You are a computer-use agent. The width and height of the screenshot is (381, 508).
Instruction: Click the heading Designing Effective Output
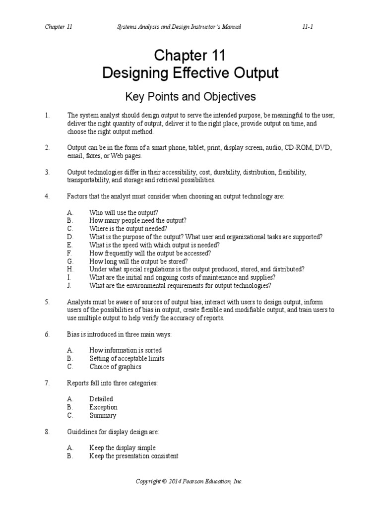pyautogui.click(x=190, y=73)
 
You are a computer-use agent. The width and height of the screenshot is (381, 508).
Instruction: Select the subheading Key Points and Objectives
pyautogui.click(x=190, y=96)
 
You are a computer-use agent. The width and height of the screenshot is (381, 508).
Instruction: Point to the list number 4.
pyautogui.click(x=47, y=196)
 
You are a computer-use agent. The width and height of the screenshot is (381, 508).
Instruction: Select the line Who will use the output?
pyautogui.click(x=124, y=212)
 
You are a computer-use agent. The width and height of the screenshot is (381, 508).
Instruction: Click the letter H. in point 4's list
pyautogui.click(x=70, y=269)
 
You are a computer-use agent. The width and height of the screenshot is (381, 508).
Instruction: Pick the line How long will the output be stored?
pyautogui.click(x=138, y=261)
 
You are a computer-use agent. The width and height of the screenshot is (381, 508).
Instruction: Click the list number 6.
pyautogui.click(x=47, y=334)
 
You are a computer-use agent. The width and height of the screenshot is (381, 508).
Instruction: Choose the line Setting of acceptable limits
pyautogui.click(x=127, y=358)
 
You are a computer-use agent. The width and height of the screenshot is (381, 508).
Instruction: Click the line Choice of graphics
pyautogui.click(x=115, y=367)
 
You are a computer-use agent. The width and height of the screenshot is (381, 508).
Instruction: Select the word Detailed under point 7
pyautogui.click(x=101, y=399)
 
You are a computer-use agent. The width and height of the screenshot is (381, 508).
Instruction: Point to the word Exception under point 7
pyautogui.click(x=103, y=407)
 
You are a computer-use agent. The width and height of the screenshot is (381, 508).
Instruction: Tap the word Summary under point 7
pyautogui.click(x=103, y=415)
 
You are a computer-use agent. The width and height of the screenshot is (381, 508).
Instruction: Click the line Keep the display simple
pyautogui.click(x=122, y=447)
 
